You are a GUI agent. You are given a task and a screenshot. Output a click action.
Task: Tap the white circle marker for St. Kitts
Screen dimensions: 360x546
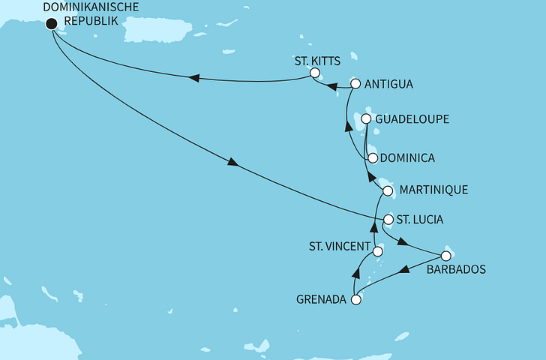315,73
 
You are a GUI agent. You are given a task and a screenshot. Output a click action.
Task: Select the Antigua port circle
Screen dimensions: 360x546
356,84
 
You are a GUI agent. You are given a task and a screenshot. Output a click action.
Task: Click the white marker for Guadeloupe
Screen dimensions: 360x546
366,119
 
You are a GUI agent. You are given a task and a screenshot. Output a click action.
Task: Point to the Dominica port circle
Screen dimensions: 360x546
372,158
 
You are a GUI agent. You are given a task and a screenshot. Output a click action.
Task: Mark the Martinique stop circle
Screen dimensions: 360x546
388,191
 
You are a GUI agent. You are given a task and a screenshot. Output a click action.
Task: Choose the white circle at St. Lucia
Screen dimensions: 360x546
388,220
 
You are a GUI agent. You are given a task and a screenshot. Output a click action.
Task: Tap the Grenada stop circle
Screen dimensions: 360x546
356,300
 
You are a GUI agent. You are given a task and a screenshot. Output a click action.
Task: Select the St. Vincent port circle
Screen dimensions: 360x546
377,252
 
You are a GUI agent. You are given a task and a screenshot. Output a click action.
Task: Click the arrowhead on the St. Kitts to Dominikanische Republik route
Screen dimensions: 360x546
193,78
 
